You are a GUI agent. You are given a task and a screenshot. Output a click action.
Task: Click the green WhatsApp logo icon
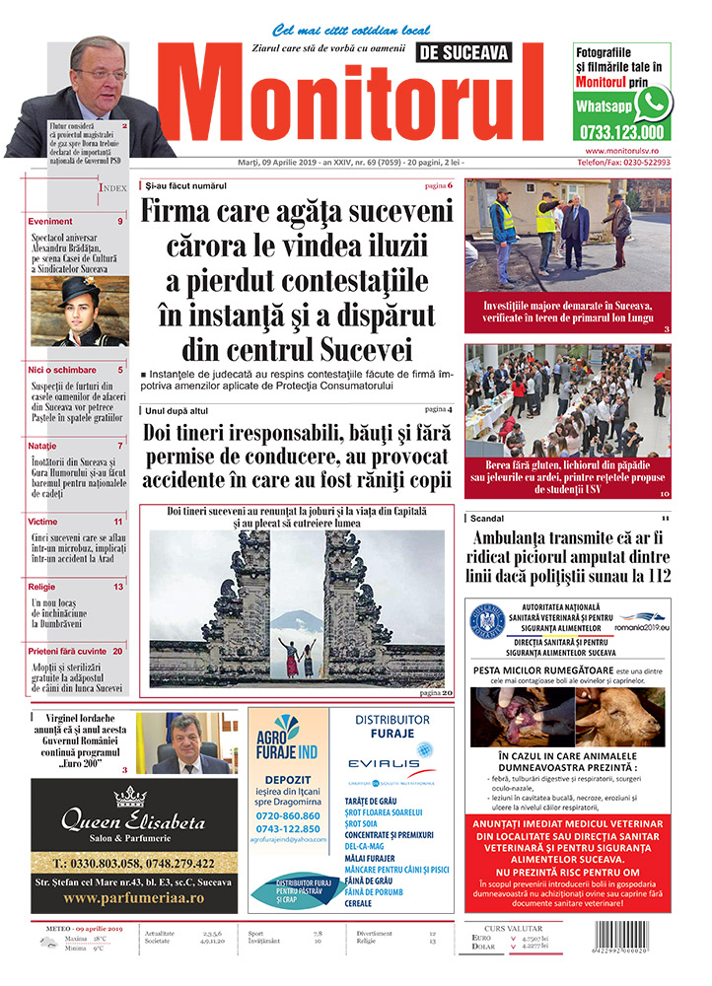653,103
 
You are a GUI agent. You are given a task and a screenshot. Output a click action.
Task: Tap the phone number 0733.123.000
622,132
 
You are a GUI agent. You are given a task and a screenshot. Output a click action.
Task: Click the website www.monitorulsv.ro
622,150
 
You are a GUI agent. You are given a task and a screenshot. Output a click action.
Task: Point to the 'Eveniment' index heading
50,222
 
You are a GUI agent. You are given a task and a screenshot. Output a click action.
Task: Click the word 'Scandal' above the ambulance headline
487,518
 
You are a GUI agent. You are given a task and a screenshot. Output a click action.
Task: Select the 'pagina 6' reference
438,185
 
